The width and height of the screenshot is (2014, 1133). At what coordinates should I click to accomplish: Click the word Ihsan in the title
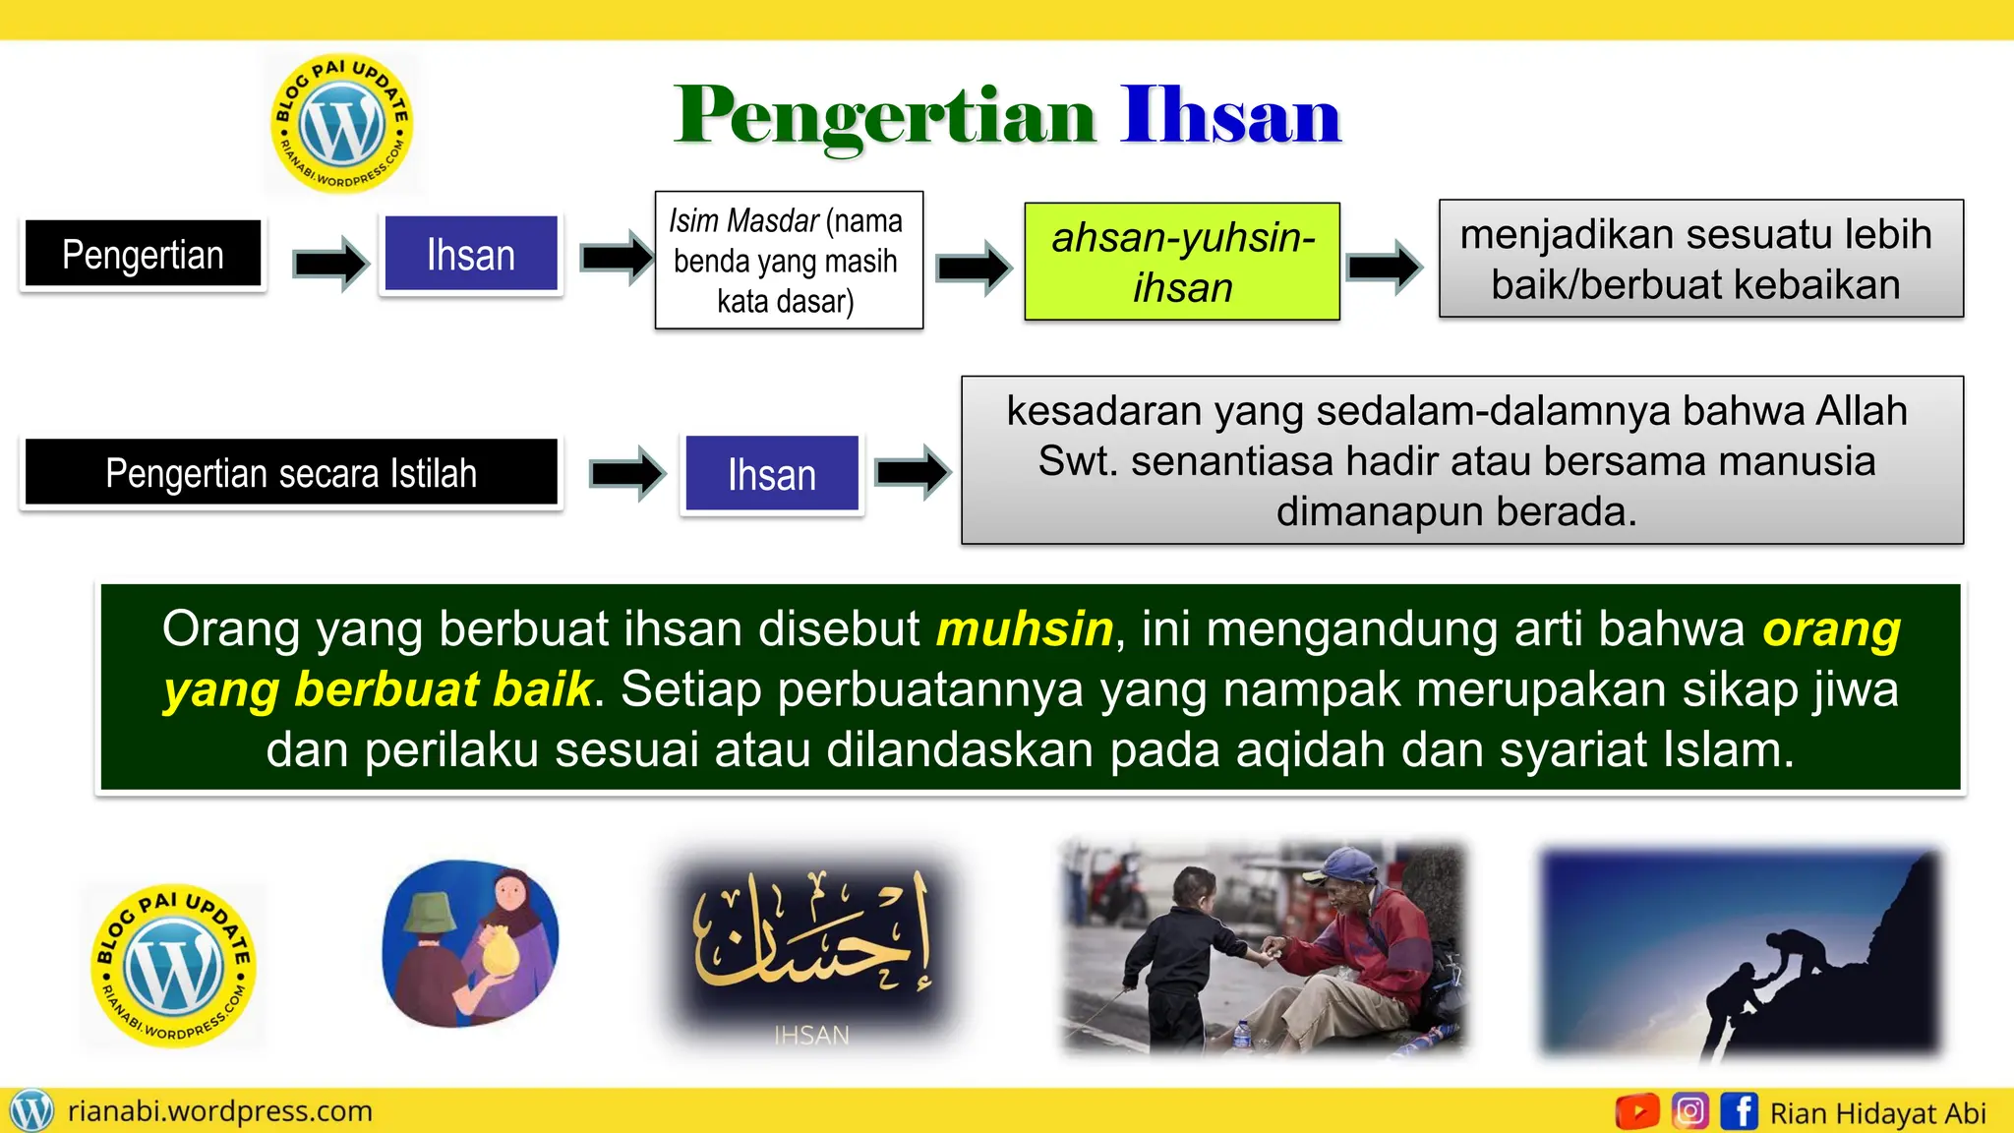[x=1230, y=116]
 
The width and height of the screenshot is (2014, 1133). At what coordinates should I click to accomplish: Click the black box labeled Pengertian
[x=144, y=255]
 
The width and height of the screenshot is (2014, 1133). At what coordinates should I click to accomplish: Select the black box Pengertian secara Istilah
[x=291, y=473]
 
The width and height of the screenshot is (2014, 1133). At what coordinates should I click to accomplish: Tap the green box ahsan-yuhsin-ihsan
[x=1182, y=262]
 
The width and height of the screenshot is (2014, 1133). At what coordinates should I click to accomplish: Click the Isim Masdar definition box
[x=789, y=261]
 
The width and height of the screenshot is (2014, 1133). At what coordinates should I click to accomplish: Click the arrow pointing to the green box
[x=974, y=267]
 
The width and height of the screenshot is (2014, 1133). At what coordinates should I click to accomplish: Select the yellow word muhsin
[x=1025, y=629]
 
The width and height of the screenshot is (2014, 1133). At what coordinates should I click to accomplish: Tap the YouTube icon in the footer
[x=1637, y=1111]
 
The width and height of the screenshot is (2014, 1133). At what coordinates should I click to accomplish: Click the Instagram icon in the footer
[x=1689, y=1111]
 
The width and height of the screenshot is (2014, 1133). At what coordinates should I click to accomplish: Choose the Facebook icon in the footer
[x=1739, y=1111]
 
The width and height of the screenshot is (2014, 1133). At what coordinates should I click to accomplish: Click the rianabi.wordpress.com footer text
[x=220, y=1111]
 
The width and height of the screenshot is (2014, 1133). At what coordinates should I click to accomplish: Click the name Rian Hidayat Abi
[x=1877, y=1113]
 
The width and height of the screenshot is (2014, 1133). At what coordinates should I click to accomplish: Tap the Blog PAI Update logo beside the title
[x=341, y=124]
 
